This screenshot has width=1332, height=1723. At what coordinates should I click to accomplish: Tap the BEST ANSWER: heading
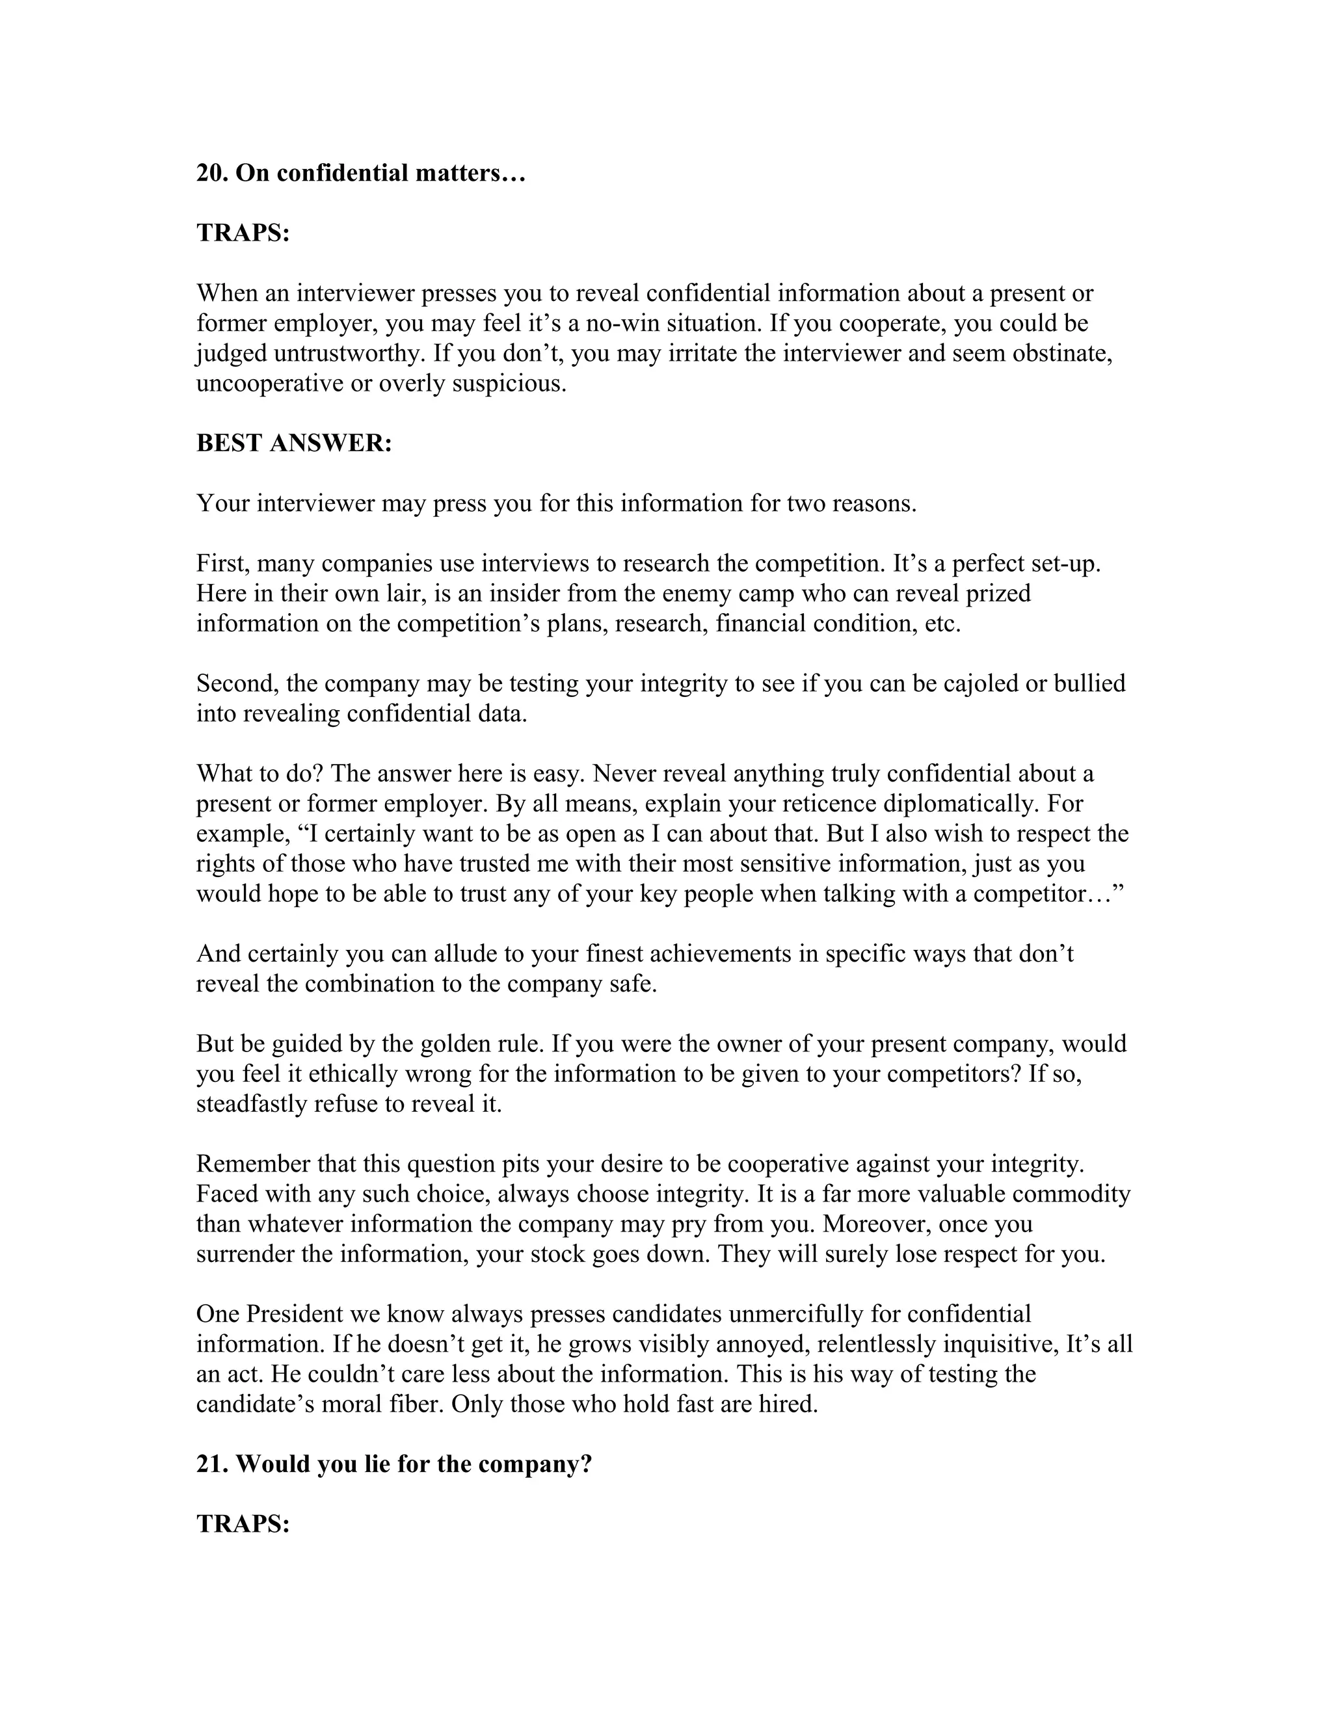pyautogui.click(x=293, y=443)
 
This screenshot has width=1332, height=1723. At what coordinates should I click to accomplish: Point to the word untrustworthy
pyautogui.click(x=349, y=354)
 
